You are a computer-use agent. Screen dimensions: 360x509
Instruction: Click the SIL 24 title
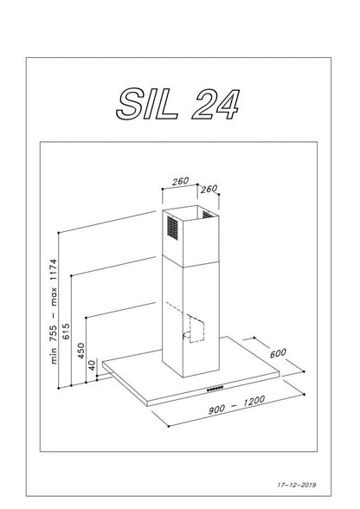[178, 105]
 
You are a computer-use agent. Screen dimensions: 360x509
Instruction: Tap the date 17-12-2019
[297, 485]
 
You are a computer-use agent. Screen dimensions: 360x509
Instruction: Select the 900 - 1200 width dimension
[236, 405]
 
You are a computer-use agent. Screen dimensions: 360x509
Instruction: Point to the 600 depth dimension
[278, 353]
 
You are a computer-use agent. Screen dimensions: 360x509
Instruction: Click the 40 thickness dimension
[93, 365]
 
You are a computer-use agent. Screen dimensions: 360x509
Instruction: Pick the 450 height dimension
[80, 351]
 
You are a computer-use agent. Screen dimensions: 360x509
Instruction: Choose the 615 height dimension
[66, 332]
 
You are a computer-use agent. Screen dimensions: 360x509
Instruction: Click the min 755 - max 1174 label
[54, 312]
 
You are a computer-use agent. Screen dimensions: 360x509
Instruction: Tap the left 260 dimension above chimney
[180, 181]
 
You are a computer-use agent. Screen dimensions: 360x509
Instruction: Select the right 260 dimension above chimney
[209, 189]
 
